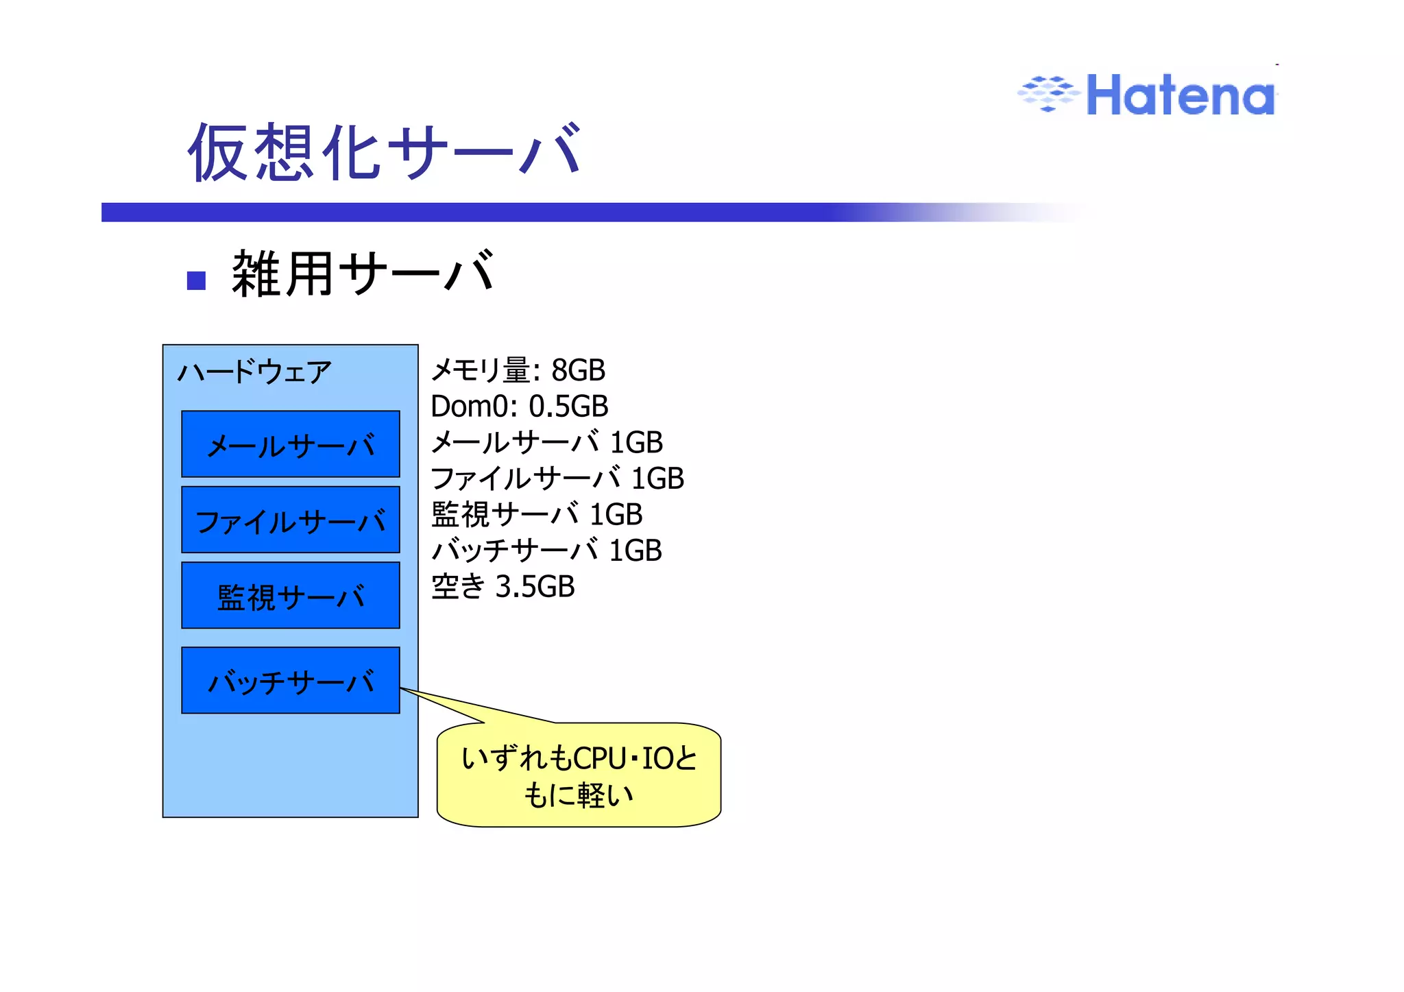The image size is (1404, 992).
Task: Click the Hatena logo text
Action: click(1181, 95)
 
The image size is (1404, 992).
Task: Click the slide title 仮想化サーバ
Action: click(385, 152)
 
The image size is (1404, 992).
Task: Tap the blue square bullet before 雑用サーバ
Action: click(197, 280)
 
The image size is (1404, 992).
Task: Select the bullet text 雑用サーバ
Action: click(363, 274)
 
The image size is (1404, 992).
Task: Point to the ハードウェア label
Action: click(254, 372)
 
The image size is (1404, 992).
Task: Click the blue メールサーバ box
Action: click(291, 444)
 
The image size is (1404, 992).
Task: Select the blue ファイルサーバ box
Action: click(291, 520)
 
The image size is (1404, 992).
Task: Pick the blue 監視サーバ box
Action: click(291, 595)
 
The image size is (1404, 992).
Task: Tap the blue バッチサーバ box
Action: click(291, 680)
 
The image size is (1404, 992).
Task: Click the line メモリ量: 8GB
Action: click(518, 370)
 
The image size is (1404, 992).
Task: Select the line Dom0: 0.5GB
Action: click(519, 407)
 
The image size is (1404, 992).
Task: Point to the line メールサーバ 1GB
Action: click(546, 443)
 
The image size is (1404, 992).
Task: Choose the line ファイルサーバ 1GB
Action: click(557, 479)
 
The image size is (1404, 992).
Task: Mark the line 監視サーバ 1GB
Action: click(537, 514)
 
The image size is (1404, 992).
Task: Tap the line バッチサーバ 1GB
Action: click(546, 551)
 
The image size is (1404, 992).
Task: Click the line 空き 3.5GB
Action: click(503, 587)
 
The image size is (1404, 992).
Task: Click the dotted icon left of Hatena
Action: click(1047, 93)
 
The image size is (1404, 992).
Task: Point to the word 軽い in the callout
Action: click(606, 796)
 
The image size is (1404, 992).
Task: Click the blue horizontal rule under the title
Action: click(480, 212)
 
